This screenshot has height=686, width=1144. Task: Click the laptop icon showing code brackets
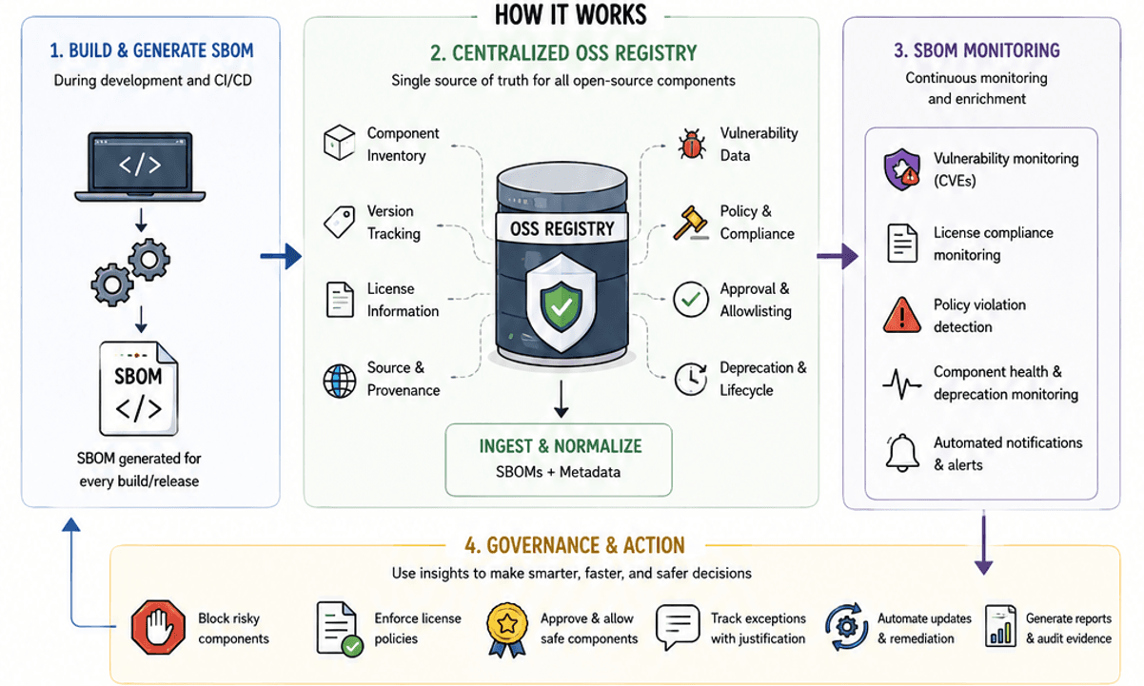tap(140, 167)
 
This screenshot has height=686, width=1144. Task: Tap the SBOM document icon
tap(138, 388)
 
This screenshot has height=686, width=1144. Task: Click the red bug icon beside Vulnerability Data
tap(692, 144)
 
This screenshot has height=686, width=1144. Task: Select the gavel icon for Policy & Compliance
tap(691, 223)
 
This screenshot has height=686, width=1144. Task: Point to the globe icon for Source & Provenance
tap(339, 381)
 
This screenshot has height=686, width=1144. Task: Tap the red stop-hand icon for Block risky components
tap(158, 627)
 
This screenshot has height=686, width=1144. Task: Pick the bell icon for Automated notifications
tap(902, 453)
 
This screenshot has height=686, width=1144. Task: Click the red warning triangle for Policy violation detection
tap(902, 316)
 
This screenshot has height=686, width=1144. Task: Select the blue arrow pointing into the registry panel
tap(281, 256)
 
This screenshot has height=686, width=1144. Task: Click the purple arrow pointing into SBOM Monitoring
tap(838, 256)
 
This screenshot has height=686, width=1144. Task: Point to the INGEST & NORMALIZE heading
tap(561, 446)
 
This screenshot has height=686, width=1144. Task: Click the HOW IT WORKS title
tap(570, 14)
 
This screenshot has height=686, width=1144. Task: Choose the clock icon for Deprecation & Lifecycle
tap(691, 380)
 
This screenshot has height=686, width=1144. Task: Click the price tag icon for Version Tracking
tap(339, 222)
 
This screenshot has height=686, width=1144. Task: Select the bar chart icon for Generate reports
tap(1000, 626)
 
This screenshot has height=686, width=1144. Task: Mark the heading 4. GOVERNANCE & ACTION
tap(575, 545)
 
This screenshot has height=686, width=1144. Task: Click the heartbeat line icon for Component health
tap(902, 383)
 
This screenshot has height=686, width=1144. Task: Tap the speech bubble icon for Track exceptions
tap(678, 627)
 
